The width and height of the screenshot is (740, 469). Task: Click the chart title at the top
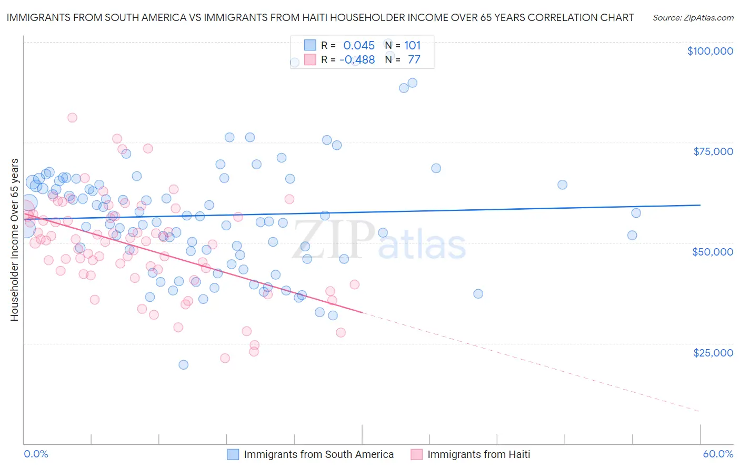320,17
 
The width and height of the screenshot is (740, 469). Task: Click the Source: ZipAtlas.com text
693,17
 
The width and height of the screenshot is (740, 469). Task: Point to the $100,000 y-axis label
710,51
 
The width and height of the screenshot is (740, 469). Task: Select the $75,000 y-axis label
713,151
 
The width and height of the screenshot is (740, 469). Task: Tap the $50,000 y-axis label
713,252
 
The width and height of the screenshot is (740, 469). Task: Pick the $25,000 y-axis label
713,352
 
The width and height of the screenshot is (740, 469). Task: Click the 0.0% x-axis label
36,454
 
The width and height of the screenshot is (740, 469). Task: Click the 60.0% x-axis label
717,454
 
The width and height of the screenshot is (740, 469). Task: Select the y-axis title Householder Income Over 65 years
14,240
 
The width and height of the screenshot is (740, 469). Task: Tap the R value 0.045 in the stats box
359,45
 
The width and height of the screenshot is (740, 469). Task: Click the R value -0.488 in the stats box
357,59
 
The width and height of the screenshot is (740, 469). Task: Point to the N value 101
412,45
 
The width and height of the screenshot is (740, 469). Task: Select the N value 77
414,59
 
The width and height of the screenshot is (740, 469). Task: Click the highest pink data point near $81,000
72,117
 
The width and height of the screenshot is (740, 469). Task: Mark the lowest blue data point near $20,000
183,364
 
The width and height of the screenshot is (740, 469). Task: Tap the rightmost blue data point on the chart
636,213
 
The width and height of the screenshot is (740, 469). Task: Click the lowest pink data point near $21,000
225,358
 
